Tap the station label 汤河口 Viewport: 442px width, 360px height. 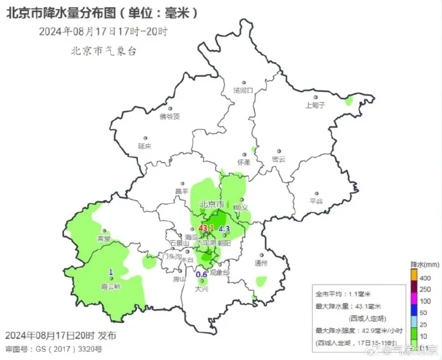coord(244,91)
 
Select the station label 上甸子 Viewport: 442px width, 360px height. coord(315,104)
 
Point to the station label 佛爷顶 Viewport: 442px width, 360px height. coord(170,117)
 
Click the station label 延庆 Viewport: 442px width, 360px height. coord(145,145)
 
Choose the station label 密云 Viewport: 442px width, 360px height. coord(278,159)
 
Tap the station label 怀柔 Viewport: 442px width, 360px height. coord(243,162)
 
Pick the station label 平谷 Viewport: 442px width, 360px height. coord(316,200)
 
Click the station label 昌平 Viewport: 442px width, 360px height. coord(182,191)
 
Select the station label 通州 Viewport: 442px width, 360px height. coord(261,263)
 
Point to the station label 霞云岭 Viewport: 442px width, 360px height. coord(110,286)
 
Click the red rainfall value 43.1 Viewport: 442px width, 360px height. coord(206,229)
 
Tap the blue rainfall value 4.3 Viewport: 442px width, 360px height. coord(224,229)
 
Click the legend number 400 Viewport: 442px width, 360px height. coord(425,278)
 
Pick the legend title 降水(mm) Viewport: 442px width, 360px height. coord(424,264)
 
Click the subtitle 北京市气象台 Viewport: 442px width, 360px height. coord(104,52)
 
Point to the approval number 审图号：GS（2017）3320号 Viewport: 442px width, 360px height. coord(53,349)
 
